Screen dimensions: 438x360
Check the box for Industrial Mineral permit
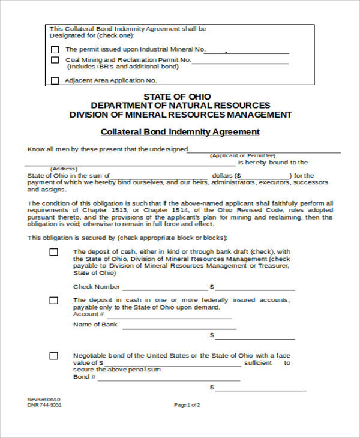(55, 50)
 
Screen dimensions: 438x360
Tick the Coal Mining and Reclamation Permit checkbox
(55, 61)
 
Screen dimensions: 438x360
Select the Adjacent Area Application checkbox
(55, 80)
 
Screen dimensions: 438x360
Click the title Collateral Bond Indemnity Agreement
(180, 132)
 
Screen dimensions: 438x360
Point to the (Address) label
(64, 169)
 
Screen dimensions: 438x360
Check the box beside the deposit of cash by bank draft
(54, 253)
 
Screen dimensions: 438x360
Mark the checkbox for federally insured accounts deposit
(54, 301)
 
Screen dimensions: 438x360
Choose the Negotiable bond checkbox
(54, 356)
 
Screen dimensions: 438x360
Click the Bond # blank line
(169, 380)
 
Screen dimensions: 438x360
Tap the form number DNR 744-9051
(44, 405)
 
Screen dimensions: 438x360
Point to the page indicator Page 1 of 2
(187, 405)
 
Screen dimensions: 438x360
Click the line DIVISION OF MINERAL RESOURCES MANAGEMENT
(180, 115)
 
